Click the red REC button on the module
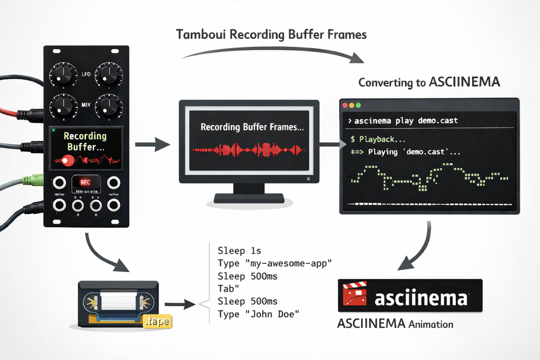tap(85, 182)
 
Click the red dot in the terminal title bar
tap(344, 105)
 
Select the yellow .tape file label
tap(158, 322)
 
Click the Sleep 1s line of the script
tap(239, 251)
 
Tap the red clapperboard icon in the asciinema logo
tap(354, 296)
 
